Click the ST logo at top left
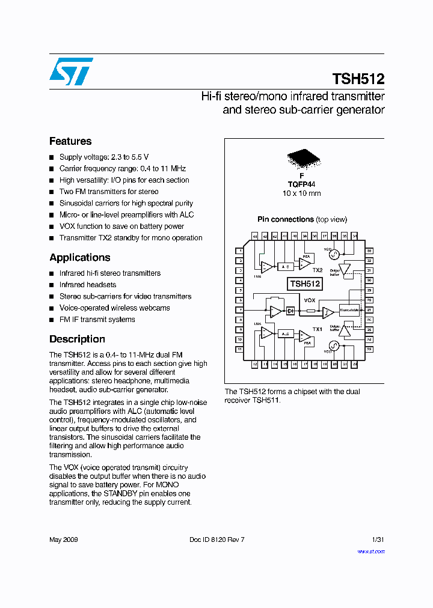(71, 71)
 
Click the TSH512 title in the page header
(358, 79)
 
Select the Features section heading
(70, 141)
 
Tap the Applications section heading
(79, 257)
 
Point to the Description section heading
(77, 339)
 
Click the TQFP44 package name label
(302, 185)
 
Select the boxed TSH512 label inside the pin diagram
(305, 284)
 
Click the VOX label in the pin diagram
(310, 299)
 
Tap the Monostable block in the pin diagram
(349, 311)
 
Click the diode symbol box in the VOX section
(290, 311)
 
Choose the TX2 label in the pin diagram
(318, 270)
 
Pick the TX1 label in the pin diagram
(318, 329)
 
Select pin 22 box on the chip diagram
(354, 364)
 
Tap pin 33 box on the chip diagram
(369, 251)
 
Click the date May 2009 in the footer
(63, 540)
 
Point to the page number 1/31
(378, 540)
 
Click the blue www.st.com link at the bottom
(371, 551)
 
